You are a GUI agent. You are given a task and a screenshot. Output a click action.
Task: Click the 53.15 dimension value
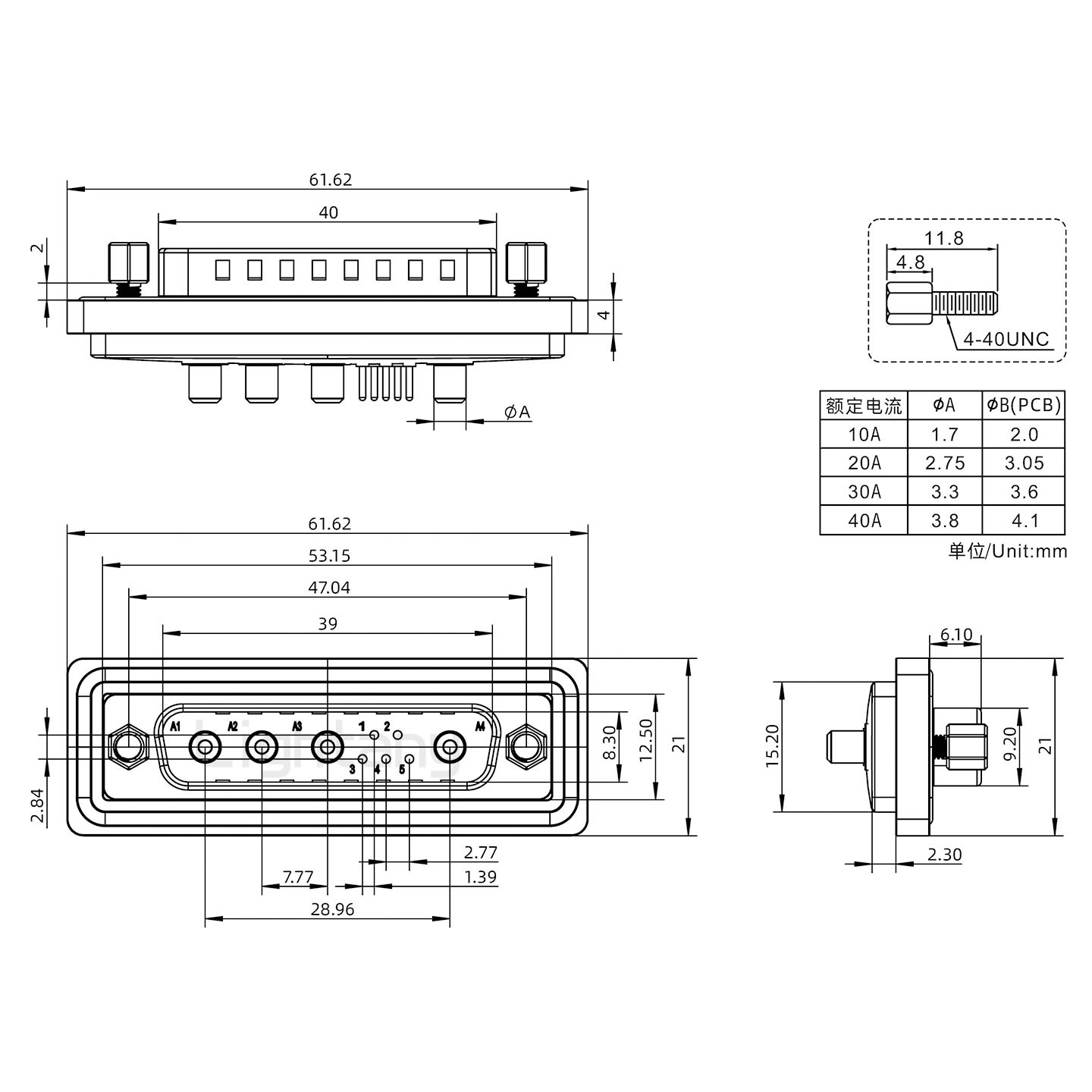(x=329, y=556)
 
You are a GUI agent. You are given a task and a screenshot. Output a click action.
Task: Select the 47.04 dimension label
(x=329, y=588)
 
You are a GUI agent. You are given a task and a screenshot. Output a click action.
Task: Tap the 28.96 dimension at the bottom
(x=332, y=908)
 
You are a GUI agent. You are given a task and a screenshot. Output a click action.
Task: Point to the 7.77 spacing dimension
(x=297, y=877)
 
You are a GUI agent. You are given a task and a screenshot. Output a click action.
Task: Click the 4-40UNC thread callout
(x=1006, y=339)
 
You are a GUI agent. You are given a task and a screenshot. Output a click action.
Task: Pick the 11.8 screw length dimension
(x=943, y=238)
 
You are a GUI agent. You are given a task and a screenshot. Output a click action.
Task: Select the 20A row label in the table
(x=864, y=463)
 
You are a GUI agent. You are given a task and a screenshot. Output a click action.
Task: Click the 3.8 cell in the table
(x=944, y=521)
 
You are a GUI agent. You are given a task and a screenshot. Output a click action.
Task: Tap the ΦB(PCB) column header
(x=1024, y=406)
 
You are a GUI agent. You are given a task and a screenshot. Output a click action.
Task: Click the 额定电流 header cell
(x=864, y=406)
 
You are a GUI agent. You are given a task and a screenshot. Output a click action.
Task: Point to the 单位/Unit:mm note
(x=1007, y=551)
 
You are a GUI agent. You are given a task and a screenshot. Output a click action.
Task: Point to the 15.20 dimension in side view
(x=773, y=746)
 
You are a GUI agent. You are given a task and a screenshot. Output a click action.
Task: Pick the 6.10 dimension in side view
(x=955, y=635)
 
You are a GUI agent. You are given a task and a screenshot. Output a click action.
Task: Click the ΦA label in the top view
(x=517, y=412)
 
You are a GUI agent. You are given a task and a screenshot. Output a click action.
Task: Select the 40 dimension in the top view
(x=328, y=212)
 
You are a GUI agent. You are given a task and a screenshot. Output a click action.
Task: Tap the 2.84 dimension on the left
(x=36, y=805)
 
